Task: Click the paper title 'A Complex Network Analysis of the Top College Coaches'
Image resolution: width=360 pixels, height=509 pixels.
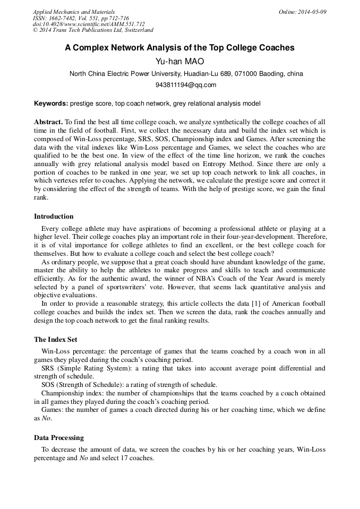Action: (179, 47)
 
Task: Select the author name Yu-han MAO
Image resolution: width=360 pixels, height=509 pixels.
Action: (179, 62)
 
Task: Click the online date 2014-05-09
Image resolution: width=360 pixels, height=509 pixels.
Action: (302, 11)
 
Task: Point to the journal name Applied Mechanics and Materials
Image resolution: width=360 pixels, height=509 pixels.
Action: (73, 11)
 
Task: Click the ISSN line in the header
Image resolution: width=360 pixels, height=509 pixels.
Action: (80, 18)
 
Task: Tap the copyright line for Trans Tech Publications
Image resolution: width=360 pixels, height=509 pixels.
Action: (93, 30)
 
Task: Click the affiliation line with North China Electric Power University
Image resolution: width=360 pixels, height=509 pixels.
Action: (186, 74)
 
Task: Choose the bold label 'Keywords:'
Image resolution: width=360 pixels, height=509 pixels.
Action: (51, 103)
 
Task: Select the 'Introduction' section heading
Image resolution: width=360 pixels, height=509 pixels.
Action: (54, 217)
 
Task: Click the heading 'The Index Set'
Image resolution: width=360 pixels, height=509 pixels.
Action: (56, 339)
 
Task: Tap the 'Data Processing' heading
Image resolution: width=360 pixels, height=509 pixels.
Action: (58, 437)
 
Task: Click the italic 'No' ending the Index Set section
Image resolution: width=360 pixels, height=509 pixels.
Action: (46, 418)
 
